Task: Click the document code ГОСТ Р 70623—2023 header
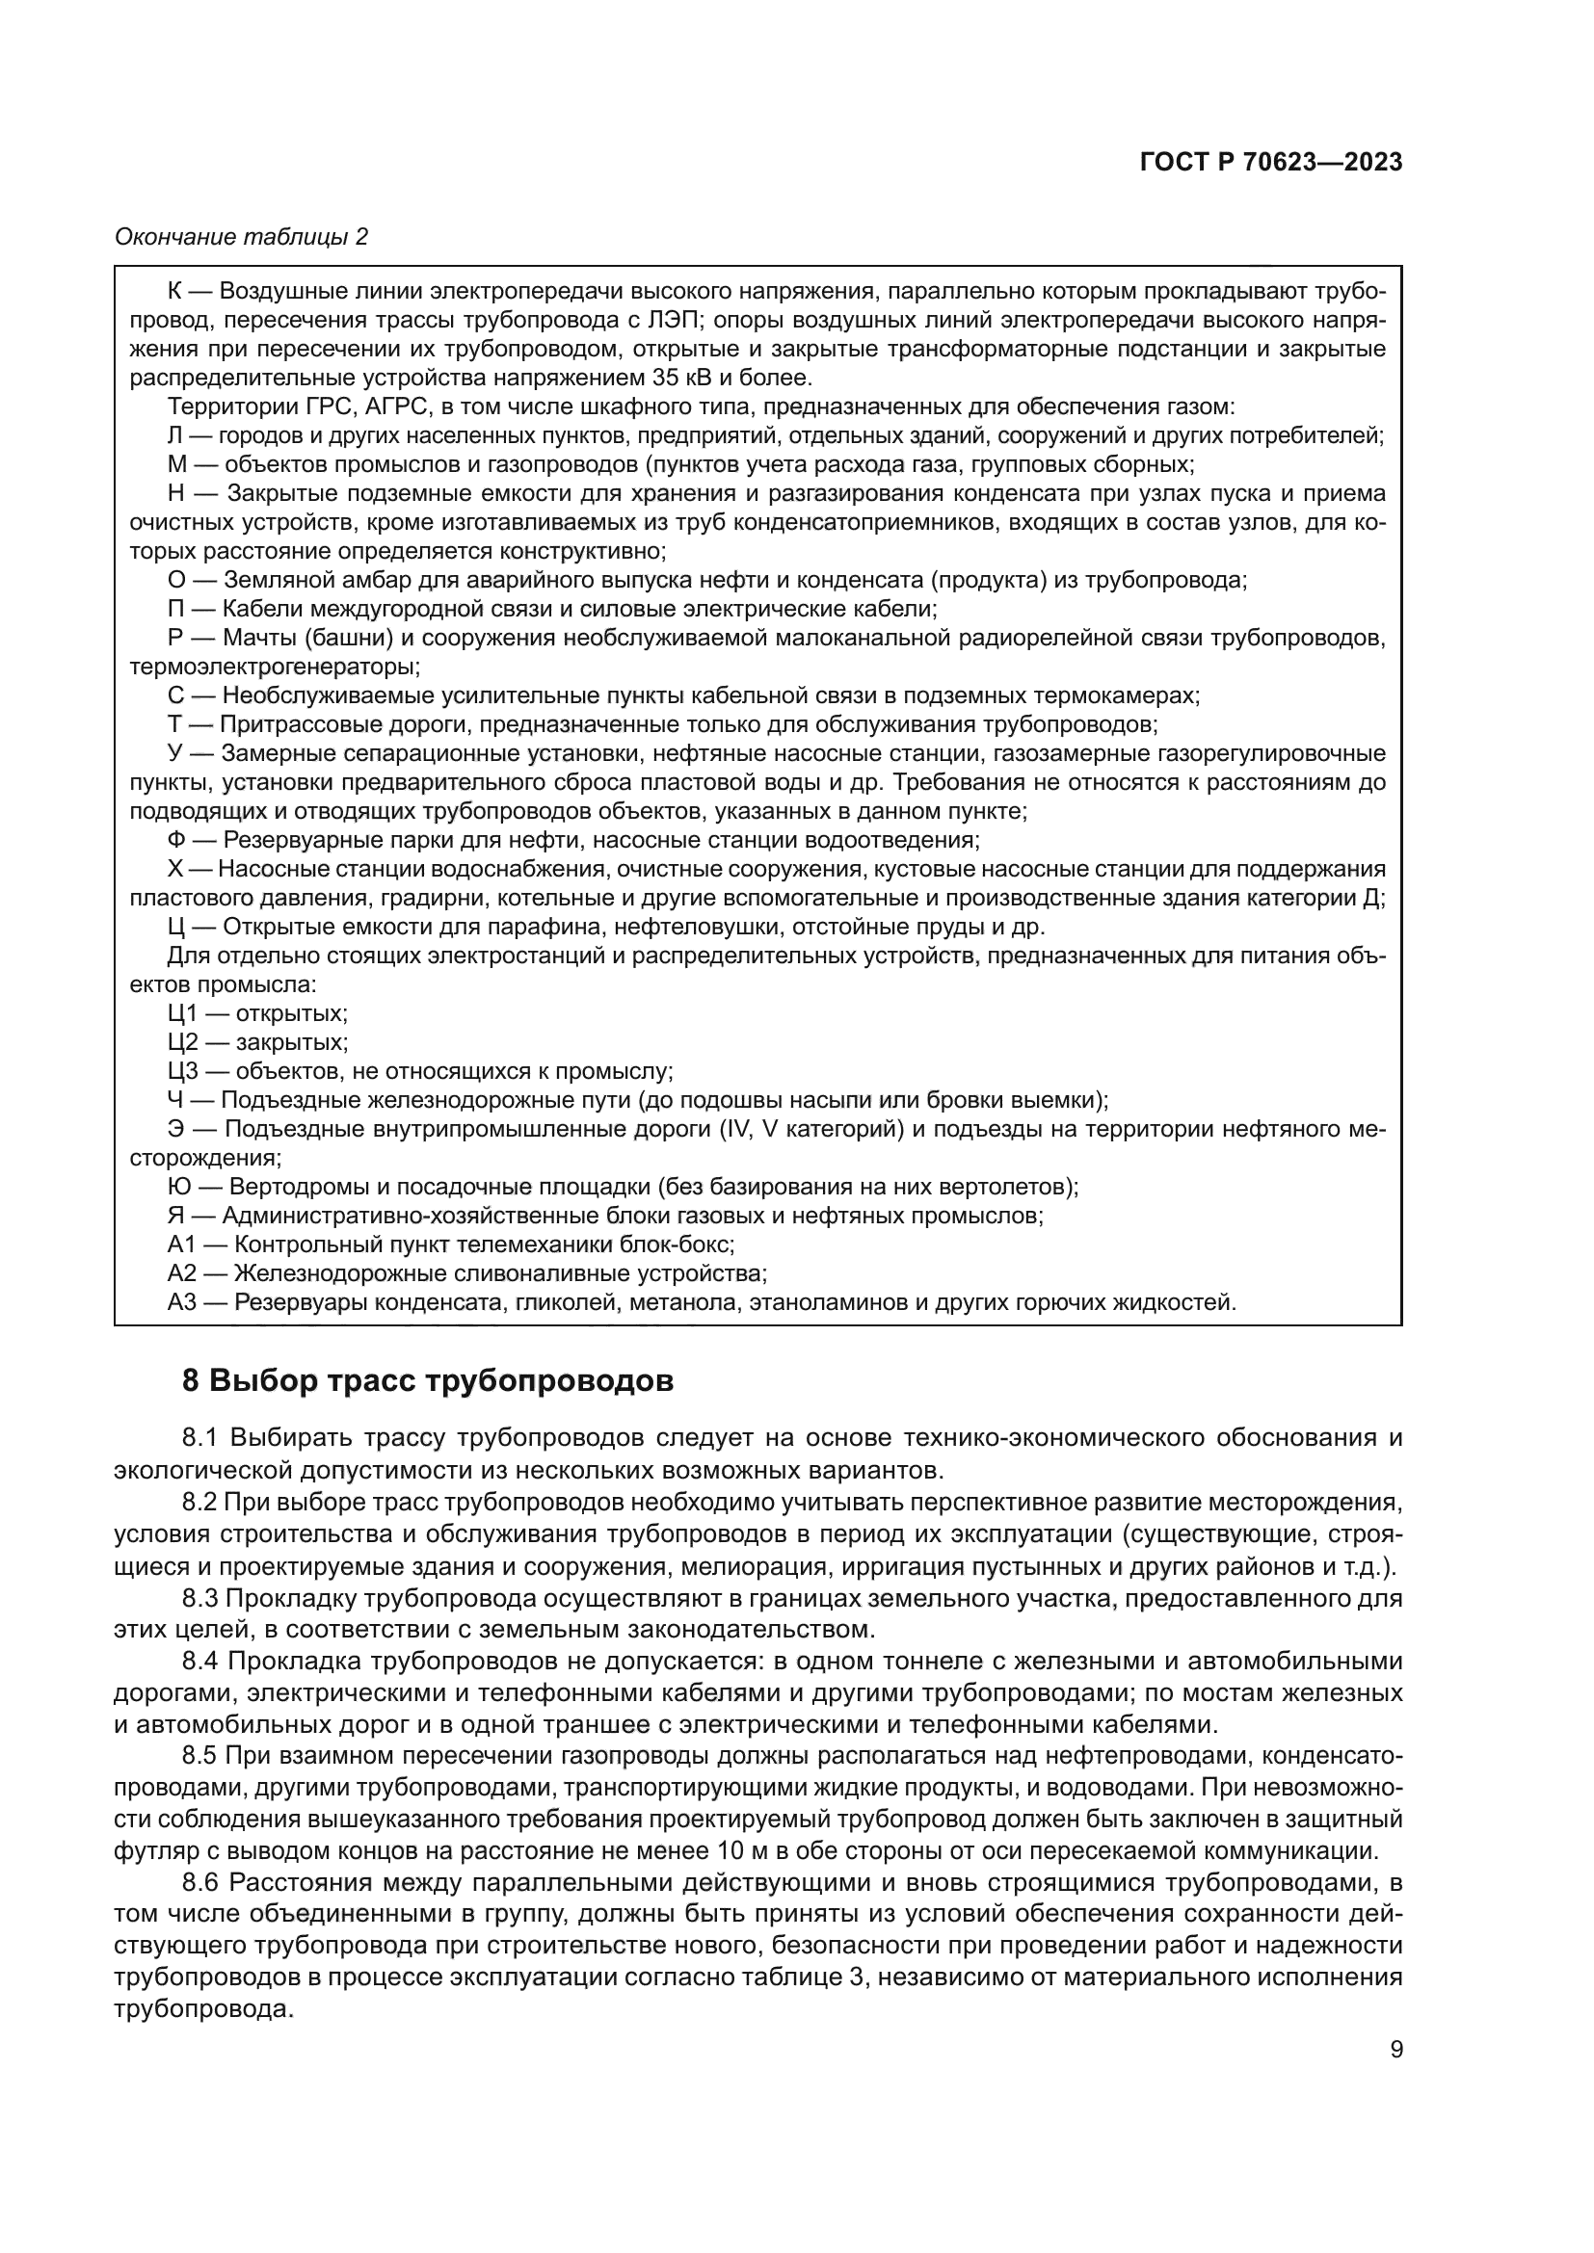[1271, 163]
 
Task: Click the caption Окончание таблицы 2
[242, 237]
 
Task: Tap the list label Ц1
[183, 1013]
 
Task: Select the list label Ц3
[183, 1071]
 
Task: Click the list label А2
[183, 1273]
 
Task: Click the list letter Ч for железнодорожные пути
[176, 1100]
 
